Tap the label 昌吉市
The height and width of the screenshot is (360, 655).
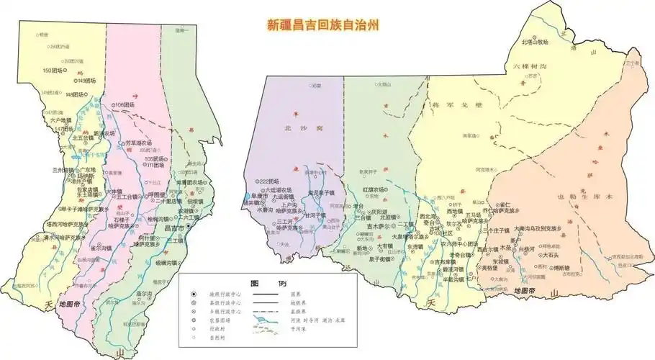pyautogui.click(x=173, y=228)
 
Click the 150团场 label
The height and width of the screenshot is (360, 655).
pyautogui.click(x=54, y=71)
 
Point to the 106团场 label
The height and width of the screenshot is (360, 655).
pyautogui.click(x=125, y=105)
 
